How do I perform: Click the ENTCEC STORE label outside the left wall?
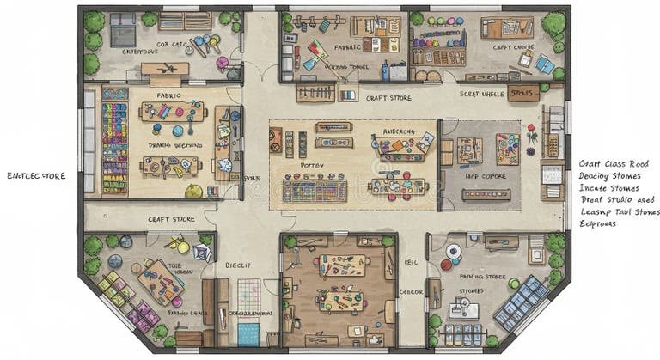click(36, 176)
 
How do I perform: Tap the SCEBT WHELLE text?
click(481, 94)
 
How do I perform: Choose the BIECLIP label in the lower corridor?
click(237, 266)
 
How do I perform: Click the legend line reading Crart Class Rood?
click(613, 162)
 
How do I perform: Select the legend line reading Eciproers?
click(599, 223)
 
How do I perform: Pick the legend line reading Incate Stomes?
click(608, 186)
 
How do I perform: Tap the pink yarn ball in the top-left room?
click(222, 63)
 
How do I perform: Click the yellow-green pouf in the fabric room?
click(193, 191)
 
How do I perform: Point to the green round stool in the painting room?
click(514, 283)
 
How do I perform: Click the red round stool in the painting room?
click(445, 265)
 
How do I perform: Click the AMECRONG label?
click(399, 131)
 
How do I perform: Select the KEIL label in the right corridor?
click(410, 264)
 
